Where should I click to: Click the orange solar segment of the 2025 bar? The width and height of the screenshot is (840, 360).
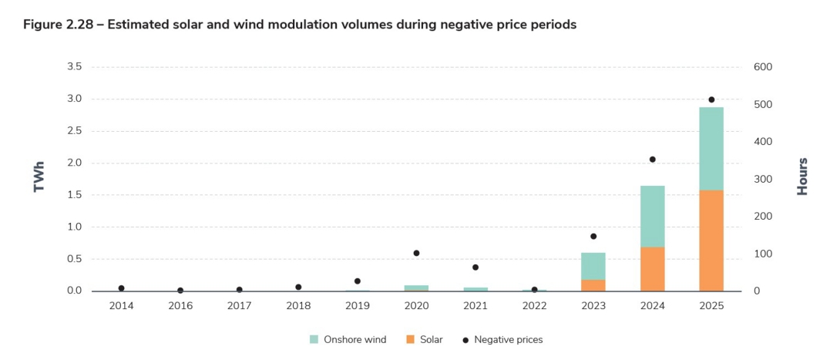(x=711, y=241)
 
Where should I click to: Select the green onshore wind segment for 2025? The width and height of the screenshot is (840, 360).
(x=711, y=149)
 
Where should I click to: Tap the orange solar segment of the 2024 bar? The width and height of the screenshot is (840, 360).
(x=652, y=269)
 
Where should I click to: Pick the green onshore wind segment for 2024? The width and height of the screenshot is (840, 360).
(x=652, y=217)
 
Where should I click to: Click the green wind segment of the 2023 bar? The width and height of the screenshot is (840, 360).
(x=593, y=266)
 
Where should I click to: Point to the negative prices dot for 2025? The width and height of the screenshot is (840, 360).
(x=711, y=99)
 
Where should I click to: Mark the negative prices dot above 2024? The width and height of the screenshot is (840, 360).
(x=652, y=160)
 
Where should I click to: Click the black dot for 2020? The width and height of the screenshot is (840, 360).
(x=416, y=253)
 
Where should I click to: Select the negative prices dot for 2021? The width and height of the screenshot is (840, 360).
(x=475, y=267)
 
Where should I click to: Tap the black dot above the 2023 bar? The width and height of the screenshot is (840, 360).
(x=593, y=237)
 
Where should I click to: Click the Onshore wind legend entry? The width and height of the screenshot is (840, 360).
(x=348, y=339)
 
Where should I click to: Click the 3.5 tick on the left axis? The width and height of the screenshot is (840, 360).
(x=75, y=67)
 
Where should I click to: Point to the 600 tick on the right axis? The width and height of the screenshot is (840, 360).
(x=762, y=67)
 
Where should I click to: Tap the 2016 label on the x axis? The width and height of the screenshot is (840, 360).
(x=180, y=306)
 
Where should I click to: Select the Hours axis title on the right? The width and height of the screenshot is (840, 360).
(x=802, y=177)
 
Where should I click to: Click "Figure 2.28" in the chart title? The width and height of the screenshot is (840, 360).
(x=59, y=25)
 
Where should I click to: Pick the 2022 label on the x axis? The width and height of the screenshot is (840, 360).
(x=534, y=306)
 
